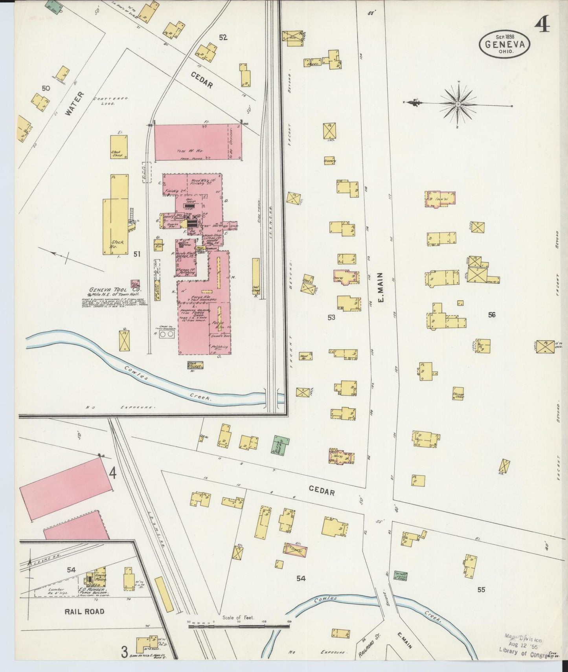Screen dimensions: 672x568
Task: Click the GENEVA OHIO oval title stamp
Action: coord(505,44)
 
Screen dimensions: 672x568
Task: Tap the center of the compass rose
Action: coord(458,104)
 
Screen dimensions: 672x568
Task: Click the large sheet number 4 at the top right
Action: coord(542,26)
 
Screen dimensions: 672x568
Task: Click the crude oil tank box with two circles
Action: coord(167,334)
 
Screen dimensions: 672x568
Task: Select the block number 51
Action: coord(136,254)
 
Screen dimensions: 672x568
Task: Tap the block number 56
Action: coord(491,314)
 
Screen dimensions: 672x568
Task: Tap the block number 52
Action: coord(223,38)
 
